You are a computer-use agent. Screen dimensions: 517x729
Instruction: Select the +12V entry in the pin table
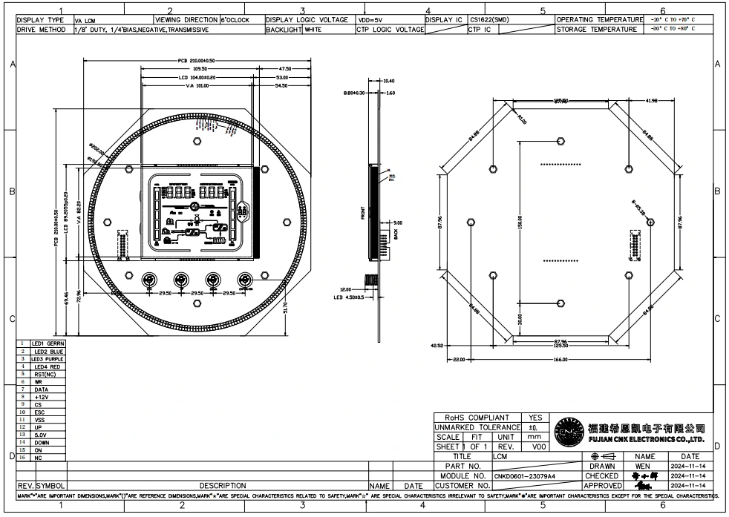click(x=42, y=397)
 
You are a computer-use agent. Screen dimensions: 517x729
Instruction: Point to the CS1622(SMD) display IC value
click(x=490, y=20)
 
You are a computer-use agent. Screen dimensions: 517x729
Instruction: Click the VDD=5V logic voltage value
click(x=370, y=20)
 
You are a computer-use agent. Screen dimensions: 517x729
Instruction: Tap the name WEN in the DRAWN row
click(x=643, y=466)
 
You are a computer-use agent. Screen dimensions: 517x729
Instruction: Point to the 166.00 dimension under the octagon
click(x=566, y=360)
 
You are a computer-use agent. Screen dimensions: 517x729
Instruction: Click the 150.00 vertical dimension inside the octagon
click(x=520, y=222)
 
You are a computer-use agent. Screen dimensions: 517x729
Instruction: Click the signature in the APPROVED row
click(x=644, y=485)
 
